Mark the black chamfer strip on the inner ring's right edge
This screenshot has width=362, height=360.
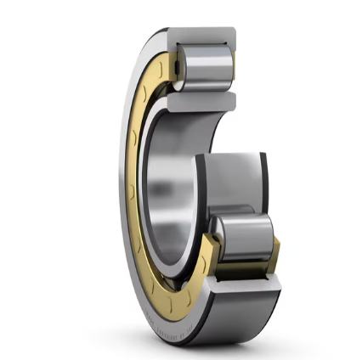[266, 183]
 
